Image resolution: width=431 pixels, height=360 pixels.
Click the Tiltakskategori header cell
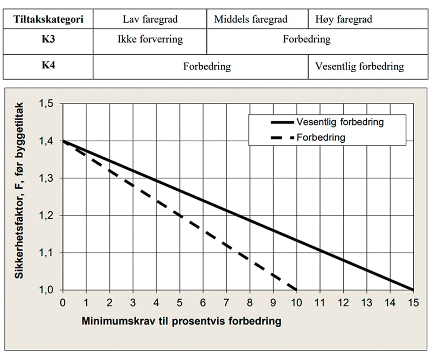click(48, 20)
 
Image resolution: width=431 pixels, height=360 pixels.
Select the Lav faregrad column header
click(150, 20)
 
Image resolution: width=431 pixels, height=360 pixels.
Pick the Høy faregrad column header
click(344, 20)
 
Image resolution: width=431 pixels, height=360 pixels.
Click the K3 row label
click(48, 40)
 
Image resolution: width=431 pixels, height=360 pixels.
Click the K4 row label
click(48, 67)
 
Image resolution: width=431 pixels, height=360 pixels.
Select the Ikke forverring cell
click(150, 40)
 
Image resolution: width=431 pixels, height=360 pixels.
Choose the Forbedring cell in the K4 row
click(207, 67)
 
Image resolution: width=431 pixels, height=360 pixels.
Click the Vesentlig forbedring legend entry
click(339, 122)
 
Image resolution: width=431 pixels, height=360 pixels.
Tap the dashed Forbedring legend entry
click(321, 137)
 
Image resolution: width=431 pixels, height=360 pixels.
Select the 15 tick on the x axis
click(413, 302)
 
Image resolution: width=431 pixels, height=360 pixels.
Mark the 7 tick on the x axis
click(226, 302)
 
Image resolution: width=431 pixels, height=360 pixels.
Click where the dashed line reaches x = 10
click(296, 290)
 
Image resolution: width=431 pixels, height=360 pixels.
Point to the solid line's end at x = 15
click(413, 290)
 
